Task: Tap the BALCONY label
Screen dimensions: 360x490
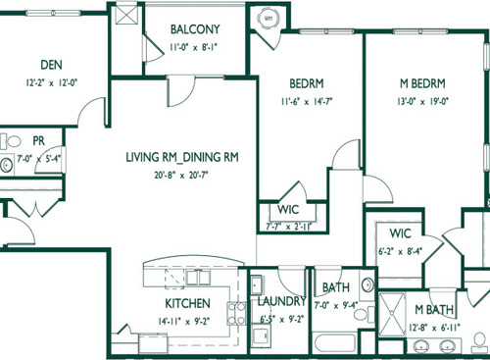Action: click(193, 29)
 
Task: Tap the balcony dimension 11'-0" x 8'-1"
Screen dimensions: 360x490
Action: click(194, 45)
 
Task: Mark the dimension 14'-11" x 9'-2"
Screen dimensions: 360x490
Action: click(182, 318)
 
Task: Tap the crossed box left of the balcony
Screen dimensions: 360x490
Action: click(126, 14)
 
